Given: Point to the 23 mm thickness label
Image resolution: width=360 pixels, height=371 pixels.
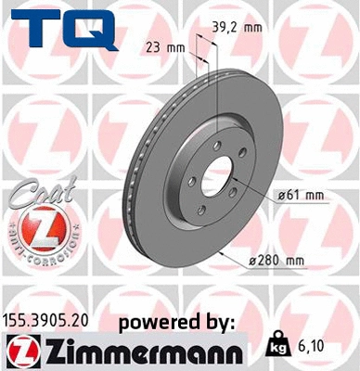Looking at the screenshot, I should [164, 45].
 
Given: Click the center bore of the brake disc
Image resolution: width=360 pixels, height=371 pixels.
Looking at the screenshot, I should [219, 176].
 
